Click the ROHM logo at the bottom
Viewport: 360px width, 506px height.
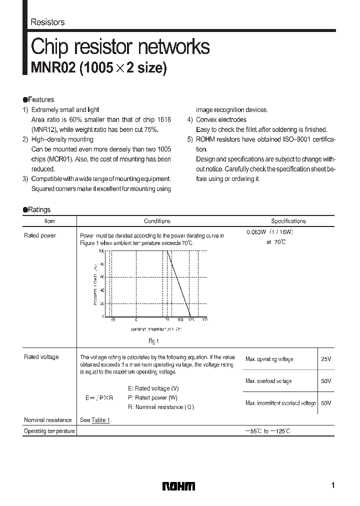click(x=179, y=486)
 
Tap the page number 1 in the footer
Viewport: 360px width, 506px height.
click(x=332, y=485)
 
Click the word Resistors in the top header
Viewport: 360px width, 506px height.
click(x=47, y=22)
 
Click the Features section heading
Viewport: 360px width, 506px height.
click(x=41, y=99)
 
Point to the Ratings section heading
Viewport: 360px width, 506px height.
click(x=39, y=210)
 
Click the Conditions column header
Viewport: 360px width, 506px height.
click(x=157, y=221)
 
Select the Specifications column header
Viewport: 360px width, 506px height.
click(x=288, y=221)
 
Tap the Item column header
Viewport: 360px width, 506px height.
click(x=49, y=221)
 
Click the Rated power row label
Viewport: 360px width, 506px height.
click(x=40, y=235)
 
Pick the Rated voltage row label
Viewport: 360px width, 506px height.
click(x=41, y=357)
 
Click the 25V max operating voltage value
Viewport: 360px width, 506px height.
click(x=326, y=359)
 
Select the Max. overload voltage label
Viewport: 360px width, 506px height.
click(x=268, y=381)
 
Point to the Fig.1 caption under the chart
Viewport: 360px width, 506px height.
click(x=153, y=341)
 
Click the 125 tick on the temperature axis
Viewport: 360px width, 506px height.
click(x=190, y=319)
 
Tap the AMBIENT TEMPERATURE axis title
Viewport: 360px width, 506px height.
click(x=156, y=330)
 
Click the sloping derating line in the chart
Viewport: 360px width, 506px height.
click(x=179, y=283)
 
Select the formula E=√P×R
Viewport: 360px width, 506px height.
click(x=99, y=398)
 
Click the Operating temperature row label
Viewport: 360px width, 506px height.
click(x=49, y=431)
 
